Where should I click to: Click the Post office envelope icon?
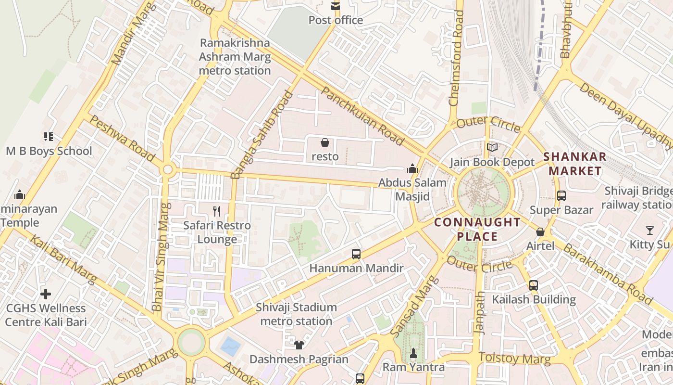[335, 6]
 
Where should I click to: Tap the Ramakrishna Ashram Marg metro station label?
[235, 57]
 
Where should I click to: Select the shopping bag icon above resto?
[325, 142]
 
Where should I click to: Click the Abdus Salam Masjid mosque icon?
[412, 169]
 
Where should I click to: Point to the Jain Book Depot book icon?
[492, 148]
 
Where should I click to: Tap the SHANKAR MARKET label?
[575, 164]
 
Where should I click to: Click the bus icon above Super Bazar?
[561, 196]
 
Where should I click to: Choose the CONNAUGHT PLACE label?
[477, 229]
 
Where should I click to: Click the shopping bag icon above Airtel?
[540, 232]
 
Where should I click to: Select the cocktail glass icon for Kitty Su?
[650, 231]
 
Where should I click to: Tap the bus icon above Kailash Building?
[534, 285]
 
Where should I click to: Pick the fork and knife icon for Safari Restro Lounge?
[217, 211]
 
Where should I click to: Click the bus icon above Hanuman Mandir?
[356, 254]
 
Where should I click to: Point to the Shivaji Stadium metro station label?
[296, 314]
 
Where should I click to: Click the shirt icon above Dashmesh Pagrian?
[299, 345]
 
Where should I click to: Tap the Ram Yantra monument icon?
[413, 354]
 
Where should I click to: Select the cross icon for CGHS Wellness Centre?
[46, 294]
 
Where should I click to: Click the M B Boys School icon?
[49, 137]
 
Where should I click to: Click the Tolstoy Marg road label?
[514, 358]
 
